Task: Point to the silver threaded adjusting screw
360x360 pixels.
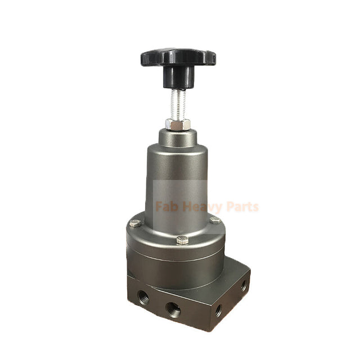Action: point(177,104)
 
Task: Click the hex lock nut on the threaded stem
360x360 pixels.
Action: point(177,124)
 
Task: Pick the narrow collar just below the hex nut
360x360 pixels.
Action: point(177,135)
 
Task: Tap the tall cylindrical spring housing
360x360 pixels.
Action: point(177,174)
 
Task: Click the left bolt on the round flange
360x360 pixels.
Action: point(134,223)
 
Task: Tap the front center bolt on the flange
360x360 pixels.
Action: point(182,240)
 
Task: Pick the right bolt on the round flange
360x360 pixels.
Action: point(215,220)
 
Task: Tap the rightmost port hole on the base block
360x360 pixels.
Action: point(244,286)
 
